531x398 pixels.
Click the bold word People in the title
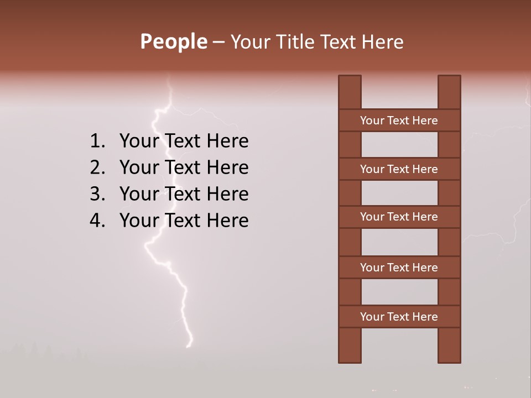pyautogui.click(x=173, y=41)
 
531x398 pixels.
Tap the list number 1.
pyautogui.click(x=97, y=142)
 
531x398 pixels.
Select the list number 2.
pyautogui.click(x=97, y=167)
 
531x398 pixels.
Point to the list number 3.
pyautogui.click(x=97, y=194)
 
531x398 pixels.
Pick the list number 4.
pyautogui.click(x=97, y=221)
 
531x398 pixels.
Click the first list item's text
pyautogui.click(x=184, y=142)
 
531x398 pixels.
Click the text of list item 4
pyautogui.click(x=184, y=221)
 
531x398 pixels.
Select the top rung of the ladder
pyautogui.click(x=399, y=121)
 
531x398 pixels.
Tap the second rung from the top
pyautogui.click(x=399, y=169)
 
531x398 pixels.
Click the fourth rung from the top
pyautogui.click(x=399, y=268)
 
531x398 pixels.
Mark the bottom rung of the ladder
pyautogui.click(x=399, y=317)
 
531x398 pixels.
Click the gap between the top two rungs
pyautogui.click(x=399, y=145)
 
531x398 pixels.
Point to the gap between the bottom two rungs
pyautogui.click(x=399, y=292)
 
